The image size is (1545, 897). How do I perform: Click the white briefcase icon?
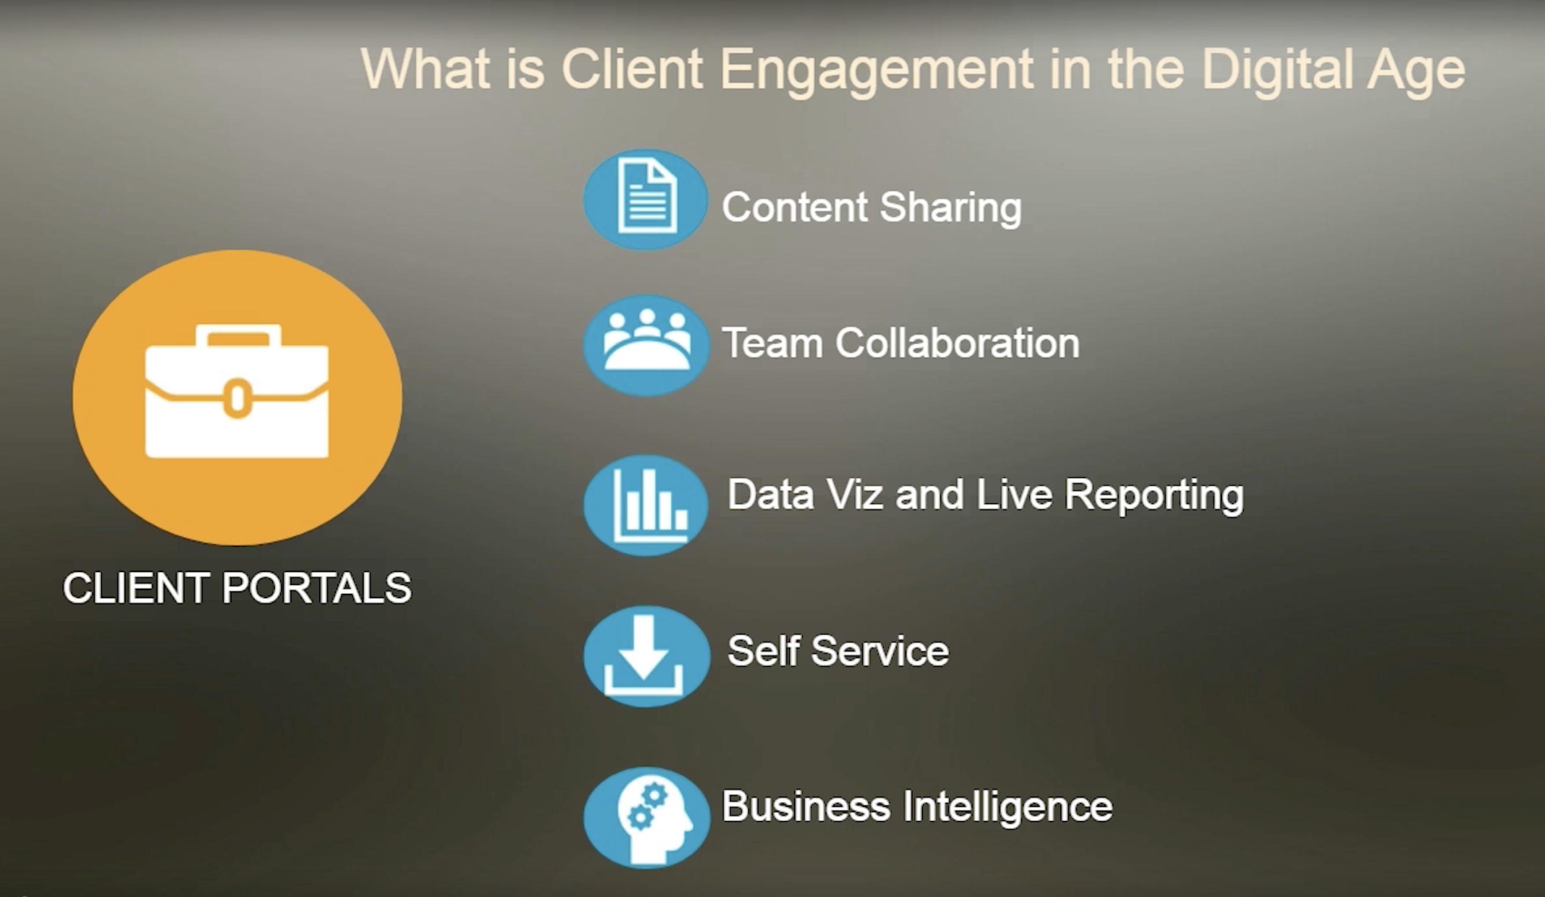(x=237, y=391)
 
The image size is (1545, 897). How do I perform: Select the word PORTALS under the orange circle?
(x=316, y=588)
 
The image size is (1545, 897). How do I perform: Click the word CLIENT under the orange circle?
(x=136, y=588)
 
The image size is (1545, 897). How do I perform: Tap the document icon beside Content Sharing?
(x=647, y=196)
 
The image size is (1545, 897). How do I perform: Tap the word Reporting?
(x=1155, y=496)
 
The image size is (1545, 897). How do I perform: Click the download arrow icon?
(x=643, y=656)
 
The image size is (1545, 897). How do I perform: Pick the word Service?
(x=880, y=651)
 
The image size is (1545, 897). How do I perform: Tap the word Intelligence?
(x=1007, y=807)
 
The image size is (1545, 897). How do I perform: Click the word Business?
(x=806, y=806)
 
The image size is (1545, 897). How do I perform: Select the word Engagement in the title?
(x=877, y=71)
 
